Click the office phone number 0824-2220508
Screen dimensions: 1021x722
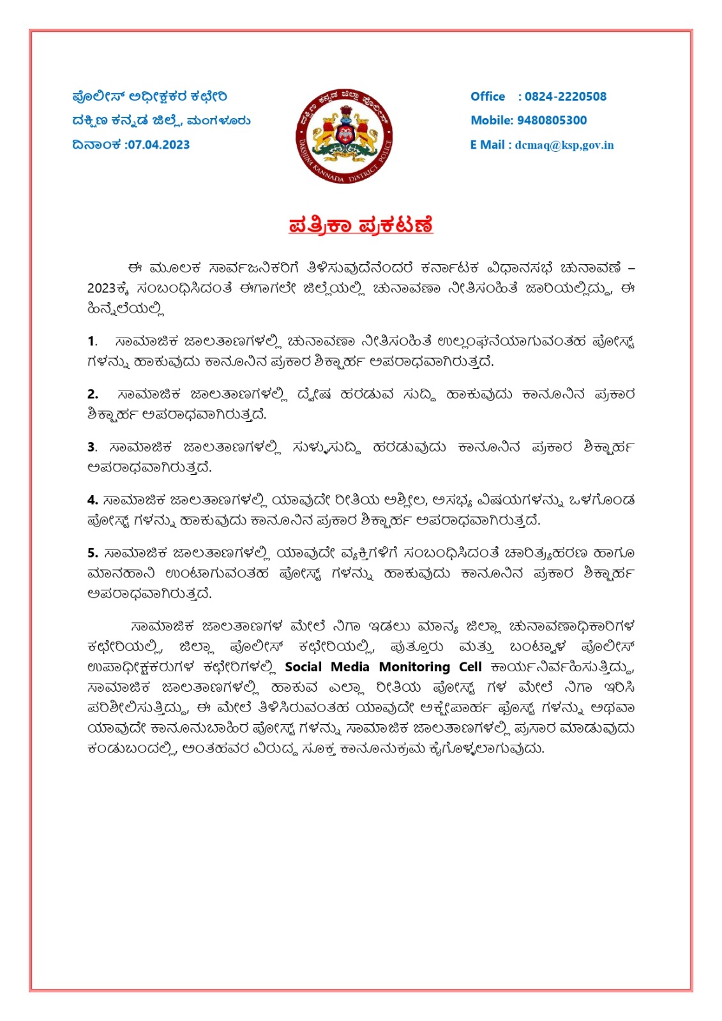(565, 96)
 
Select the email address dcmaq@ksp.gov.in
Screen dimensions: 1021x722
(564, 145)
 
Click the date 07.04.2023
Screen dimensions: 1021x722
(159, 145)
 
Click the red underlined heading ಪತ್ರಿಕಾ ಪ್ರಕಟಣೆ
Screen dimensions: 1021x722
(361, 226)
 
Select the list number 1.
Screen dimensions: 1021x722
(92, 341)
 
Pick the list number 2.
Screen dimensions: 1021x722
(93, 394)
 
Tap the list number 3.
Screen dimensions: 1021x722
(92, 447)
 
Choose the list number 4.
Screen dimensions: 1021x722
(93, 500)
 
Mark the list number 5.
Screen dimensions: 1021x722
(93, 553)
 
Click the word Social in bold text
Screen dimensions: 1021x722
(303, 667)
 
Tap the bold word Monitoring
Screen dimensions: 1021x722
(414, 667)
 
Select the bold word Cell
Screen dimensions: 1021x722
(470, 667)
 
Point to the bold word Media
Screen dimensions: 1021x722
(350, 667)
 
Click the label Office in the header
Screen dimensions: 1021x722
(488, 96)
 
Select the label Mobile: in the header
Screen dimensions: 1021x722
(492, 120)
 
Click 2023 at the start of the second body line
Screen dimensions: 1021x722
(101, 288)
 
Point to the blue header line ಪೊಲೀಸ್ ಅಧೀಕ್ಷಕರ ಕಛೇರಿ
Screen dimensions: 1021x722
(149, 96)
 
